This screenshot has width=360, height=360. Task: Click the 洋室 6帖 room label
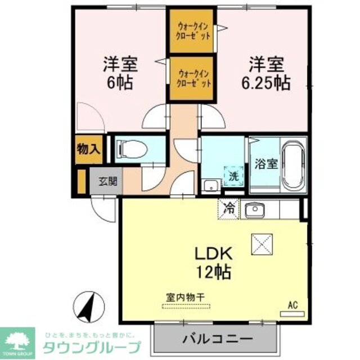point(119,73)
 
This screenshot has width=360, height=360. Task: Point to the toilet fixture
point(131,150)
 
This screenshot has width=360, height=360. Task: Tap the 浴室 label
point(265,164)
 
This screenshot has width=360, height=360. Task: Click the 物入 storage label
point(88,150)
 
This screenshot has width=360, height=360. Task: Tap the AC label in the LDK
point(292,305)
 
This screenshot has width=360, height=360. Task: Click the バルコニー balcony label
point(217,339)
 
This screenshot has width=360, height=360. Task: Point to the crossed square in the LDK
point(261,244)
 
